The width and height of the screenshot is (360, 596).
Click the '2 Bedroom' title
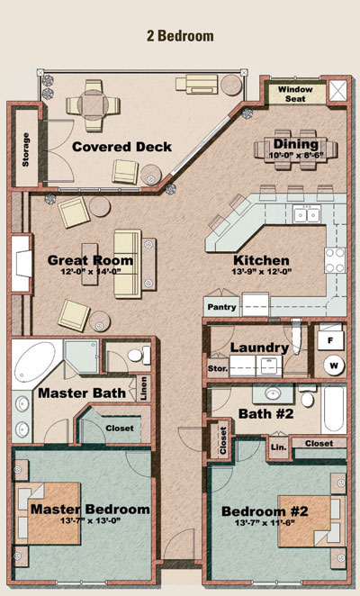pos(180,36)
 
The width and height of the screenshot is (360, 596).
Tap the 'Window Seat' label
pos(295,94)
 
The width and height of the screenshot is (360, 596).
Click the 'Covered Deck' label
pos(121,147)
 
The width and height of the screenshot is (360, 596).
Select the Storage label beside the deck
pos(25,149)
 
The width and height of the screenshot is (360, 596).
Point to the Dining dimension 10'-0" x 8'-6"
pos(296,155)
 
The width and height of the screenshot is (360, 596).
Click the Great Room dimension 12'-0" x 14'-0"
pos(91,271)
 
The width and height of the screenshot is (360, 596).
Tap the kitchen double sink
pos(306,215)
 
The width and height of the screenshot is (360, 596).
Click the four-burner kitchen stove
pos(335,260)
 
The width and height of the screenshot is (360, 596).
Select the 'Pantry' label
pos(221,307)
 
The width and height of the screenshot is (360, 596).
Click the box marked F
pos(330,340)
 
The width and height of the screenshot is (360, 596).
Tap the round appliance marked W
pos(334,366)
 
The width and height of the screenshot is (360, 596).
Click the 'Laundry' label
pos(259,348)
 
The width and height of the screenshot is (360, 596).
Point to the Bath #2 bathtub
pos(333,409)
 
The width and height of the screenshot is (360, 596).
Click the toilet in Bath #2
pos(307,396)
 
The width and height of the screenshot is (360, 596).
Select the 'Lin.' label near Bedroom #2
pos(279,447)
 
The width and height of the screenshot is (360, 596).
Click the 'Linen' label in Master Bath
pos(143,388)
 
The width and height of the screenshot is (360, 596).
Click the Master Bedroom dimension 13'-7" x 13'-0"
pos(90,520)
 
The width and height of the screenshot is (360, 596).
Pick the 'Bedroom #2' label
pos(265,511)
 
